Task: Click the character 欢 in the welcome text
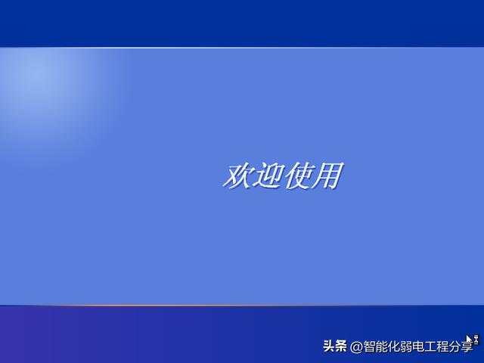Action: [x=237, y=176]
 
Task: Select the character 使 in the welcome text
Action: [x=297, y=176]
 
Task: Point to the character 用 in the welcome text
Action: [x=327, y=175]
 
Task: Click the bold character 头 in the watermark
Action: [x=329, y=346]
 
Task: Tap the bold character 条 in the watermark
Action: [x=341, y=346]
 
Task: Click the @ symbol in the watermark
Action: [x=356, y=347]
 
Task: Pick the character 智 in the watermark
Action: [x=369, y=346]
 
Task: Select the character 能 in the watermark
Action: [x=381, y=346]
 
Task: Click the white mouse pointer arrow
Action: [x=469, y=340]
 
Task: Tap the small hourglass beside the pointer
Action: [x=476, y=340]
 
